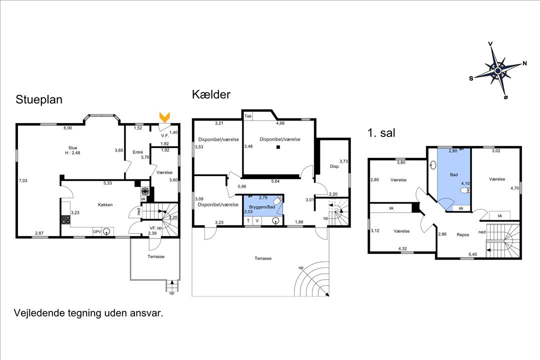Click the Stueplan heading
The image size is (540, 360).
pyautogui.click(x=39, y=99)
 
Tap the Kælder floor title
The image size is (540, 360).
pyautogui.click(x=211, y=94)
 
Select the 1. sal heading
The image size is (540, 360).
pyautogui.click(x=381, y=132)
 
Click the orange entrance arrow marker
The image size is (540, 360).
pyautogui.click(x=165, y=117)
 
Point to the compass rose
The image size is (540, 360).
pyautogui.click(x=497, y=70)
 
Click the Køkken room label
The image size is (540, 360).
pyautogui.click(x=105, y=204)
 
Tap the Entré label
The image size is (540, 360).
pyautogui.click(x=138, y=152)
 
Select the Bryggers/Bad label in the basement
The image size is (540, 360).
pyautogui.click(x=262, y=207)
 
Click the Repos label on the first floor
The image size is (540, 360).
pyautogui.click(x=463, y=234)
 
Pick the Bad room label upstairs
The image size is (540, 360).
pyautogui.click(x=454, y=174)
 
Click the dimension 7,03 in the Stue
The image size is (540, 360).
pyautogui.click(x=23, y=180)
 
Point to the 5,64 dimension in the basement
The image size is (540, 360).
pyautogui.click(x=275, y=181)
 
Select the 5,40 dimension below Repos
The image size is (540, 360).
pyautogui.click(x=472, y=254)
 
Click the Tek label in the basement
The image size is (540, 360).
pyautogui.click(x=248, y=116)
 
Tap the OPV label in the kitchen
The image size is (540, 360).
pyautogui.click(x=97, y=232)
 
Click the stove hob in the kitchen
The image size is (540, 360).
pyautogui.click(x=66, y=219)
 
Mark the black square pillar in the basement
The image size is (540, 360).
pyautogui.click(x=278, y=147)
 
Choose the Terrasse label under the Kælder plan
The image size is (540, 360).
pyautogui.click(x=263, y=258)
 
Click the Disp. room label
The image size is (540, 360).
pyautogui.click(x=334, y=166)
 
